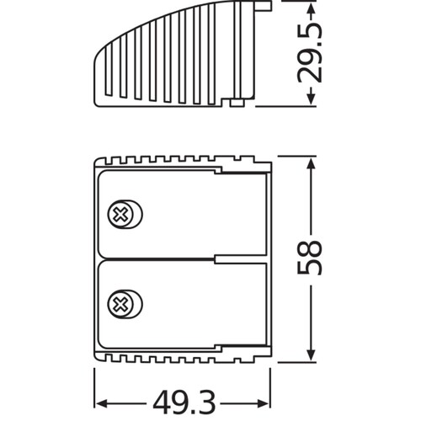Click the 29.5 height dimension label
(309, 52)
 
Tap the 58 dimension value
(309, 258)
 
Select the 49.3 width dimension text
(184, 404)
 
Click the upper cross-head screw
(125, 215)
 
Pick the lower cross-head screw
(125, 304)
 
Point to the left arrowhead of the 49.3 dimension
(100, 404)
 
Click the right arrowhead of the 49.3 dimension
(264, 404)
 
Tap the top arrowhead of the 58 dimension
(311, 163)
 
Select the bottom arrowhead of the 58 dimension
(311, 354)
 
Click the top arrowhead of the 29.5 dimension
(311, 8)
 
